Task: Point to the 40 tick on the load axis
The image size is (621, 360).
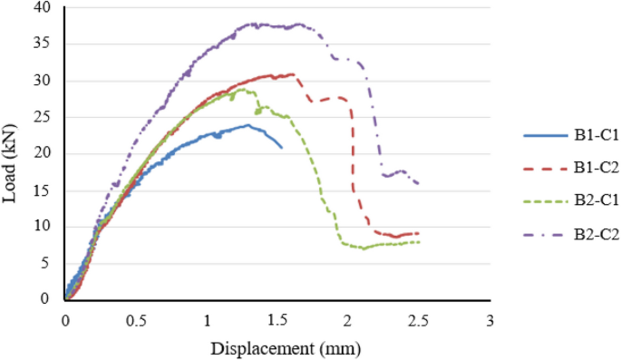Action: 44,8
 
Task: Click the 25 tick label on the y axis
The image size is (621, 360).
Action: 44,117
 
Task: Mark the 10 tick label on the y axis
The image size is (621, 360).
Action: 44,226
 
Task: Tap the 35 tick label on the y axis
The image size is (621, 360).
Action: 44,44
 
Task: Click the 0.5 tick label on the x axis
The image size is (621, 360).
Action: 136,321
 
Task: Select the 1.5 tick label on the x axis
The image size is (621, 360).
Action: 277,321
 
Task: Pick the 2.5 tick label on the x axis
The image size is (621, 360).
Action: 419,321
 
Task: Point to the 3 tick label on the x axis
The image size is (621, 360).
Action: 490,321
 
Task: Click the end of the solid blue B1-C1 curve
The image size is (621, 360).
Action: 282,147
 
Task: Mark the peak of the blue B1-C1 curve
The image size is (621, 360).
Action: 247,125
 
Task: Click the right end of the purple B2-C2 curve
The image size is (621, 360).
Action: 418,184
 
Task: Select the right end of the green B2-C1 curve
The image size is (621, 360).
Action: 419,242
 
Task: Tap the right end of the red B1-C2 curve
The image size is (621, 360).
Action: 418,233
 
